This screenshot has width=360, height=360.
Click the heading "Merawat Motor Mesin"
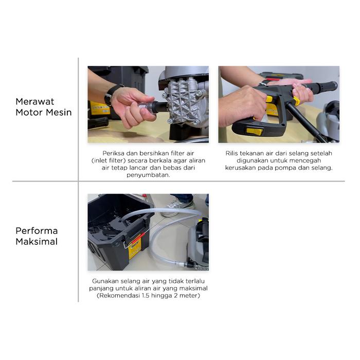tap(44, 107)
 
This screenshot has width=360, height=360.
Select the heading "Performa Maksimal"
tap(37, 236)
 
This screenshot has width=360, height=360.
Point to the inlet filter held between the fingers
tap(147, 107)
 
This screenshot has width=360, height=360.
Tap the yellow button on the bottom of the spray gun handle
tap(255, 131)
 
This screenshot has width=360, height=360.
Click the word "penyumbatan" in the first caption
tap(148, 175)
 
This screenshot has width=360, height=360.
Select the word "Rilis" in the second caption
tap(231, 153)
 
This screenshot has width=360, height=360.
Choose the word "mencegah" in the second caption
tap(307, 160)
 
